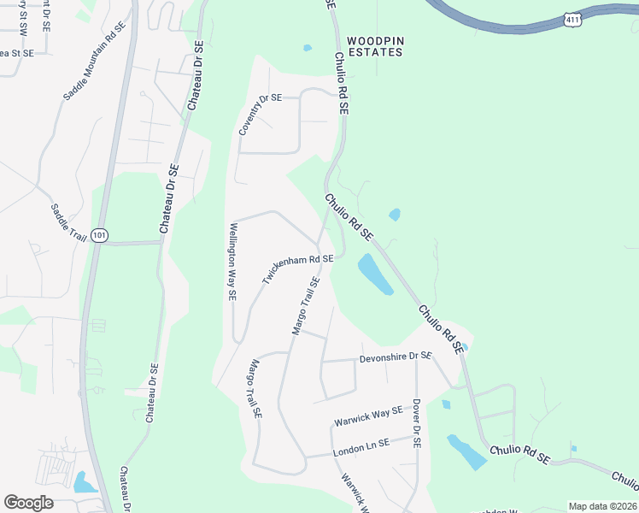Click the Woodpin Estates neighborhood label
pos(373,46)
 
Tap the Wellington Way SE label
pos(232,262)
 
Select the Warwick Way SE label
pos(368,417)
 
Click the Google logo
pos(29,503)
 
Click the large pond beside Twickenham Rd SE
pos(374,274)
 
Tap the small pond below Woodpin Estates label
pos(307,48)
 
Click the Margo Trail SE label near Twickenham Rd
pos(306,305)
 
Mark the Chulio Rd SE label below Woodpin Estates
pos(341,84)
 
